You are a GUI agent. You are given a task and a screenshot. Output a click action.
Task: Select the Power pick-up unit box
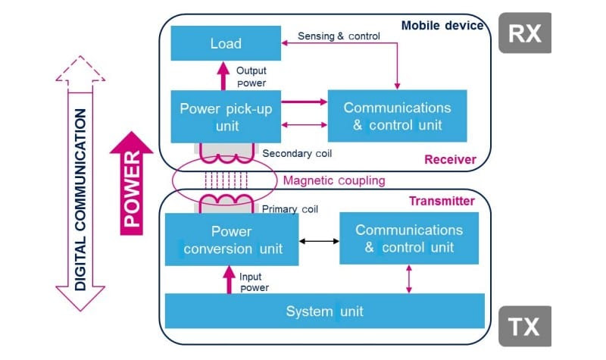226,117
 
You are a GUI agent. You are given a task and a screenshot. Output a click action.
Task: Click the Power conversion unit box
231,239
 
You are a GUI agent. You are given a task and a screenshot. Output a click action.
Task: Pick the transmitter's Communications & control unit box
409,239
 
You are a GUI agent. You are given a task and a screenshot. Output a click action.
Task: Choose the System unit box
325,311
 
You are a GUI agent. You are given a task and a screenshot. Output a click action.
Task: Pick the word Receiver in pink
451,159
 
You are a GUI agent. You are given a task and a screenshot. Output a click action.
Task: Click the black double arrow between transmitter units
318,242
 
